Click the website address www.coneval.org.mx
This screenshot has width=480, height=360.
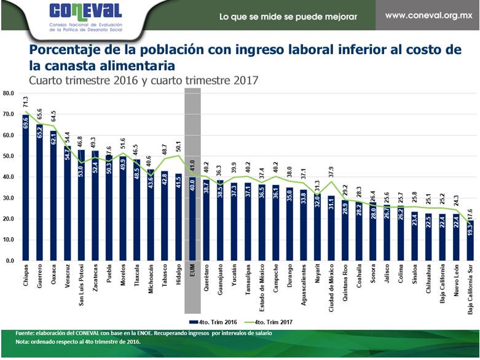428,14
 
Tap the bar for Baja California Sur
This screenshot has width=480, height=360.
471,240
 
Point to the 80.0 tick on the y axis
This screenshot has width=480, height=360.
9,93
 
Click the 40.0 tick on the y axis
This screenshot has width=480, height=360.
9,177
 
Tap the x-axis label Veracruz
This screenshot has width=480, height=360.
68,280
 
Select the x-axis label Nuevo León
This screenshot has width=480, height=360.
457,282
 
